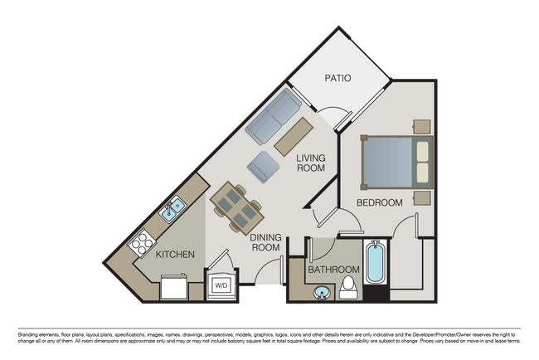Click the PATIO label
point(337,79)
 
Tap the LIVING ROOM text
point(311,163)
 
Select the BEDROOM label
point(379,202)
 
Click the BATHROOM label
point(333,270)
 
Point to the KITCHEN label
point(175,255)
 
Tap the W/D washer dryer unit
point(221,285)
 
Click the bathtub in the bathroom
point(375,264)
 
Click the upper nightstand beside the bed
point(422,126)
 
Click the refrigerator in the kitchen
point(174,287)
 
